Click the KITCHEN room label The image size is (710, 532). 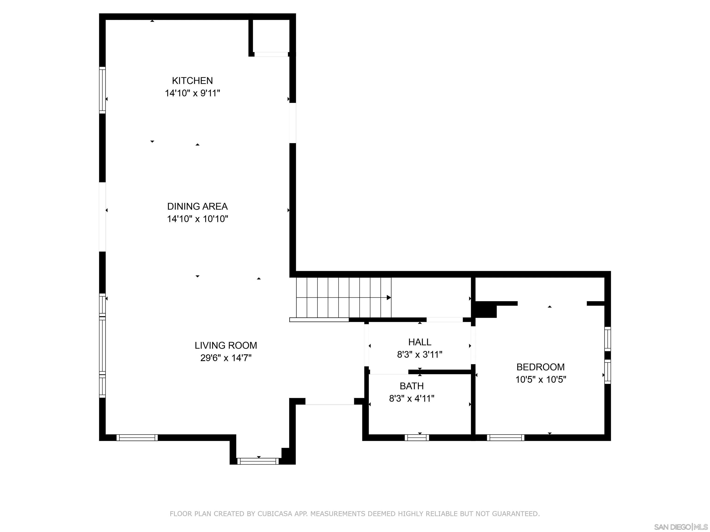pos(192,81)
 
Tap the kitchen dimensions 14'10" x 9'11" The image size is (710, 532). pos(192,93)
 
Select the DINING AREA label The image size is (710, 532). pos(197,206)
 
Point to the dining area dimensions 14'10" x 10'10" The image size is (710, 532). pos(197,219)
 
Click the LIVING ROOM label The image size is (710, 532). pos(226,345)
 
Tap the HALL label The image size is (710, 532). pos(419,342)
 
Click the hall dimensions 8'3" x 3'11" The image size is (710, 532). pos(419,355)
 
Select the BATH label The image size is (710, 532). pos(411,386)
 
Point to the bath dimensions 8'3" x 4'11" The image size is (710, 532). pos(411,398)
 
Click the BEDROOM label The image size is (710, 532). pos(541,367)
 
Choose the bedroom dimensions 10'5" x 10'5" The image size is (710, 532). pos(541,379)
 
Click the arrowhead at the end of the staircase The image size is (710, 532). pos(389,298)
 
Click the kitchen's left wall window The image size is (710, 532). pos(102,90)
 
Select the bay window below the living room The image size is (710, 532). pos(258,461)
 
